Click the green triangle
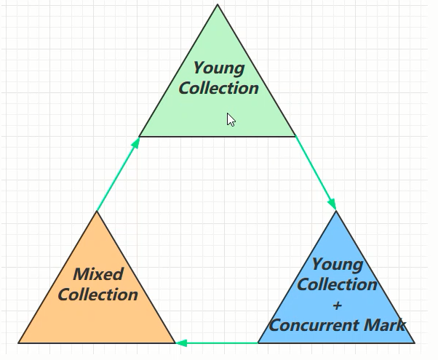[x=217, y=109]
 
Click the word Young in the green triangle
[x=219, y=68]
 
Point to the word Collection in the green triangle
[x=218, y=88]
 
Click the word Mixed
[x=98, y=274]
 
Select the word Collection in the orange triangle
[x=97, y=295]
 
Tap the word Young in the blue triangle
[x=338, y=264]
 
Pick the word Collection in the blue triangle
[x=337, y=284]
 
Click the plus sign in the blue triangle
[x=337, y=305]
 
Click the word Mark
[x=386, y=324]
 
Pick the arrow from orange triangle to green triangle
[x=117, y=175]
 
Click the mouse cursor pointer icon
[x=231, y=119]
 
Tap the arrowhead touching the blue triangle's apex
[x=333, y=203]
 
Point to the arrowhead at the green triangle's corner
[x=135, y=143]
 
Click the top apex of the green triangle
[x=218, y=7]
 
